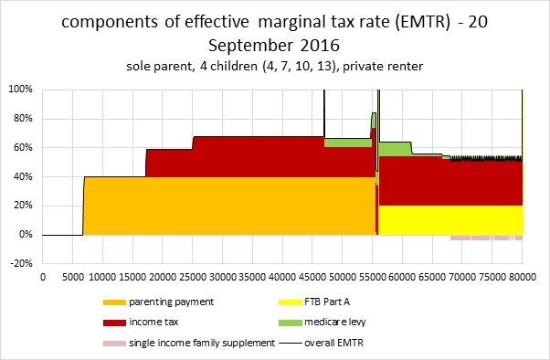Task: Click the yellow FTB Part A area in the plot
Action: pyautogui.click(x=448, y=219)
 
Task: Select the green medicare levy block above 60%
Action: pyautogui.click(x=395, y=148)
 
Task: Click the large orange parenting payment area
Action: pyautogui.click(x=228, y=206)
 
